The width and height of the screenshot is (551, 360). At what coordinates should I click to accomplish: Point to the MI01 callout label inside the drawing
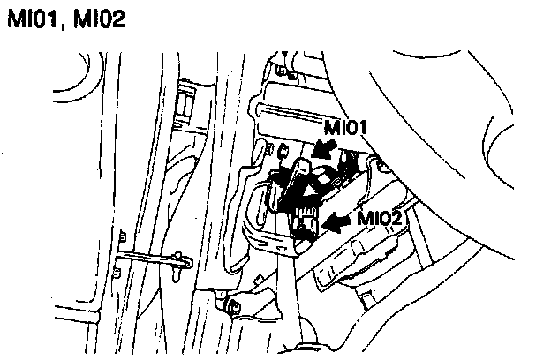343,128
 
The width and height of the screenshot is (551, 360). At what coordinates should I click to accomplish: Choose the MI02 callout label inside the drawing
381,217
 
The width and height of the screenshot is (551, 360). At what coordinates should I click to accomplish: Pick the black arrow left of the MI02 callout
336,226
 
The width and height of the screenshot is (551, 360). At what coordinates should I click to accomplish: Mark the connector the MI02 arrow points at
306,229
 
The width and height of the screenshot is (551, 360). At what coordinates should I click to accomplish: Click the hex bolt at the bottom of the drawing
234,308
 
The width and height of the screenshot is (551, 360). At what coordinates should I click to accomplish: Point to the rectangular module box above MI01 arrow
291,113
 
